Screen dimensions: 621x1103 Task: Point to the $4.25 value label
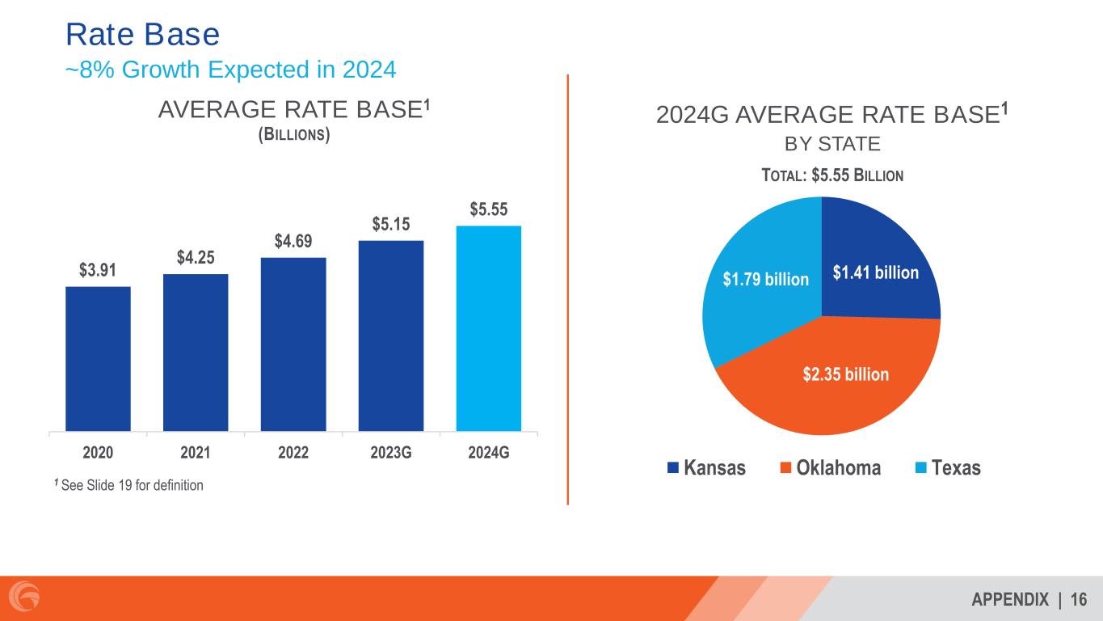196,257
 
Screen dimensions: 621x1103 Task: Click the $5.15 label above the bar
390,224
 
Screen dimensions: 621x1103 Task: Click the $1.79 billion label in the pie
765,279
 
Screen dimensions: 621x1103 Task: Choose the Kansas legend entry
706,468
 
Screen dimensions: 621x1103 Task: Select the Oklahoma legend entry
831,468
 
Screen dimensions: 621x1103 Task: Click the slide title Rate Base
142,35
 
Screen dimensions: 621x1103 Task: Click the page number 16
1079,599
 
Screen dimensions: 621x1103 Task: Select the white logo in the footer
27,598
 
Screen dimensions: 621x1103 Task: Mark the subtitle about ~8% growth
230,70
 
